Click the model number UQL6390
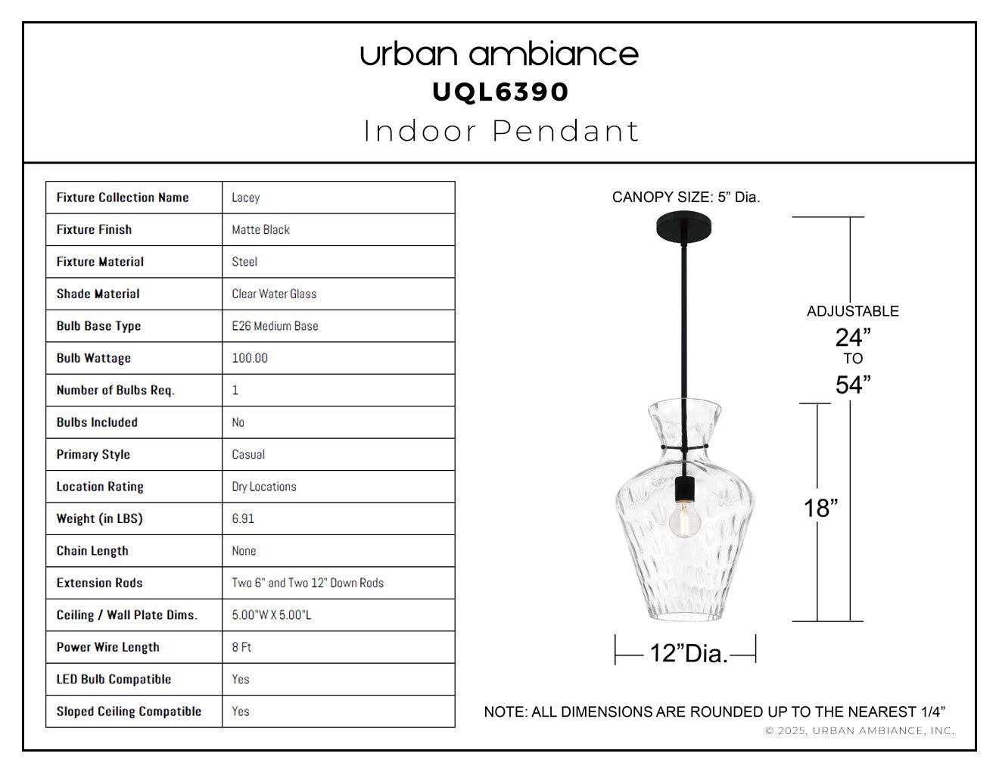[x=500, y=92]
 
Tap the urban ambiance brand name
[x=499, y=54]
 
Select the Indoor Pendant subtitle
[x=501, y=131]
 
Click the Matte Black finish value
[x=260, y=229]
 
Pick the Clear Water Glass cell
[x=274, y=294]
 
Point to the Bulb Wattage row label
[x=93, y=358]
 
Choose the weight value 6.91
[x=243, y=518]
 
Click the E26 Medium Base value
[x=275, y=326]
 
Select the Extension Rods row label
[x=99, y=583]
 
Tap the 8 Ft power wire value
[x=241, y=647]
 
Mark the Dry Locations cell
[x=263, y=487]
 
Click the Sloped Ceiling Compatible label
[x=129, y=711]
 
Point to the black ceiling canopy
[x=685, y=224]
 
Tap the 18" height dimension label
[x=820, y=509]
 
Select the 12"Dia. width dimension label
[x=688, y=653]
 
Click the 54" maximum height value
[x=853, y=384]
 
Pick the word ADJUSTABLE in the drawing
[x=852, y=311]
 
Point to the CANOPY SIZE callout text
[x=686, y=198]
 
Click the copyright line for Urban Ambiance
[x=859, y=730]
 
